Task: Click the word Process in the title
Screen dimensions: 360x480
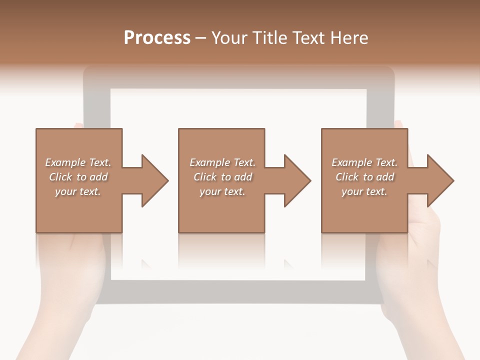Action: point(157,38)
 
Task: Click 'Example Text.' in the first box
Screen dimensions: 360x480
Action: point(78,162)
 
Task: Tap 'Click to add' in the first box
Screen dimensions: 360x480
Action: point(78,177)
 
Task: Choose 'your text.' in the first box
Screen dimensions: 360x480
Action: point(78,191)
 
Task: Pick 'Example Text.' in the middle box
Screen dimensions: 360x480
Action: point(222,162)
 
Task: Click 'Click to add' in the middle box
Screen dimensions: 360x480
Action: point(222,177)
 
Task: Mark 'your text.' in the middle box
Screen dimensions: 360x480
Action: point(222,191)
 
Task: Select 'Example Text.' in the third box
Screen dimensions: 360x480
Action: point(364,162)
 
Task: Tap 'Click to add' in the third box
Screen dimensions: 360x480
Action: point(364,177)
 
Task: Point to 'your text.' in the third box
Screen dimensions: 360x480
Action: point(364,191)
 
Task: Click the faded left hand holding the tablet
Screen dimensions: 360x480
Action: point(70,280)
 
